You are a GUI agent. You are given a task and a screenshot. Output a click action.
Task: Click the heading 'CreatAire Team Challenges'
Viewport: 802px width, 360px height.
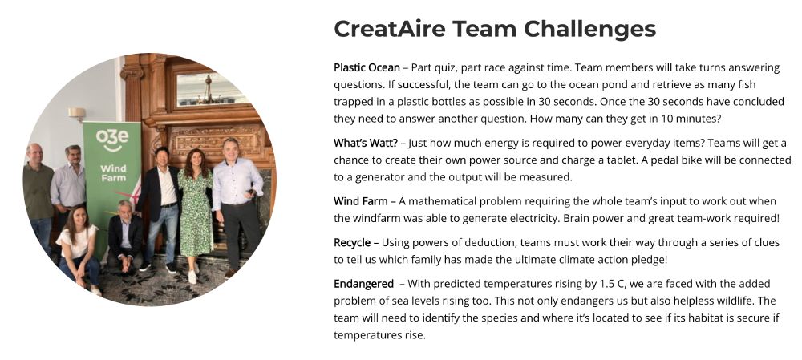(x=495, y=29)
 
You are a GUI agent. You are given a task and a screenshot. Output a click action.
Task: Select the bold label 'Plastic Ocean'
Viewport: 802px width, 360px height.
(x=367, y=67)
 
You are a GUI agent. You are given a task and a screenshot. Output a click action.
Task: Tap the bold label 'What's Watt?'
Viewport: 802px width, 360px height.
(x=364, y=143)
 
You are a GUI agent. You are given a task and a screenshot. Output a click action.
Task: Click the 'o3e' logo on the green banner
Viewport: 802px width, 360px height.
(x=111, y=139)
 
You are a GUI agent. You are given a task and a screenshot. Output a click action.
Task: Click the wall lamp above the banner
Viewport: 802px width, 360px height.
(x=77, y=114)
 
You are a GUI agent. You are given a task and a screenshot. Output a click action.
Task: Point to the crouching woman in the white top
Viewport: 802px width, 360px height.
(x=79, y=245)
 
